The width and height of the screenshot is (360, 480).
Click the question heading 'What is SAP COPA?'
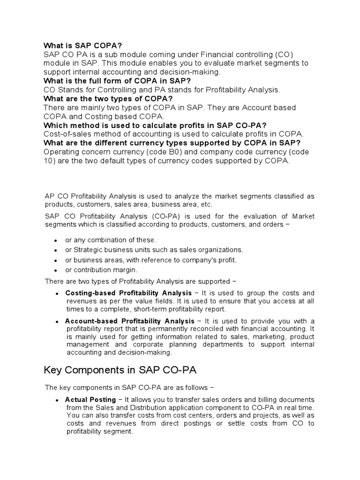point(82,45)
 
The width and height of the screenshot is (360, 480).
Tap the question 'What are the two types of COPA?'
point(108,98)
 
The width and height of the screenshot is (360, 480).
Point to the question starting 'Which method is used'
point(155,125)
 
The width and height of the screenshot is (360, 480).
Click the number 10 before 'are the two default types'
point(48,161)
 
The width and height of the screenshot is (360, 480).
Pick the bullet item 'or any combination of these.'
point(111,240)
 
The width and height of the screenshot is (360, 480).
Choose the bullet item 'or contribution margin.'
point(101,270)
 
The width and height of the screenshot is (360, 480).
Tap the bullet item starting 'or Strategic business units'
point(154,250)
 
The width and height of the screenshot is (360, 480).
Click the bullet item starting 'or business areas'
point(151,260)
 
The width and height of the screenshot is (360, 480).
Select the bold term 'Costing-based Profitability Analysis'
point(128,293)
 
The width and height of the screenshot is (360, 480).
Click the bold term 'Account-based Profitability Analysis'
point(129,321)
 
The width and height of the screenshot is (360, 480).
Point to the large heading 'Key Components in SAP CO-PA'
point(120,370)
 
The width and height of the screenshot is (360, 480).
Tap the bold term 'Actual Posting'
point(90,399)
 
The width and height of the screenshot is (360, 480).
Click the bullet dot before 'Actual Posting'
point(57,400)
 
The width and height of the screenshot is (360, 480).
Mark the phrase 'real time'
point(300,407)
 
